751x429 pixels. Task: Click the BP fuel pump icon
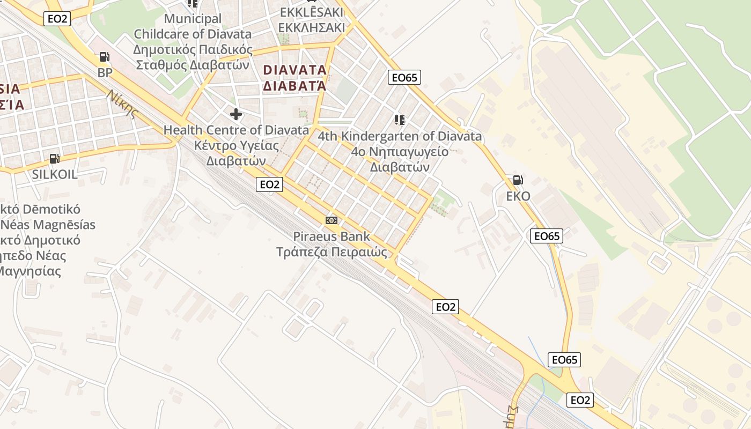(105, 56)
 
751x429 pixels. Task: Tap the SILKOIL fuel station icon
(54, 158)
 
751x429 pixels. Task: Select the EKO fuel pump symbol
(518, 180)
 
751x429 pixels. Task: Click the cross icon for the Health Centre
(235, 114)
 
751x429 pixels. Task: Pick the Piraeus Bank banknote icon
(332, 220)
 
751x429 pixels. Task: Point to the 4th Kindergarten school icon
(399, 120)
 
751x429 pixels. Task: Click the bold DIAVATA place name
(294, 70)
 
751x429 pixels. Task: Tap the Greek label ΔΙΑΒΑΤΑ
(294, 85)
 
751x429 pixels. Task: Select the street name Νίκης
(122, 103)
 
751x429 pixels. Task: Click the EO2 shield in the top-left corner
(58, 19)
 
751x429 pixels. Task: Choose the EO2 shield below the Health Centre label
(269, 184)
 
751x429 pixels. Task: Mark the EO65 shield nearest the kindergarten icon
(404, 78)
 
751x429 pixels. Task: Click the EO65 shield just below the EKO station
(547, 236)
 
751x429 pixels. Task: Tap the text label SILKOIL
(55, 174)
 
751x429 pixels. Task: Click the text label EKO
(518, 196)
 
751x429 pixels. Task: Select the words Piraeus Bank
(332, 236)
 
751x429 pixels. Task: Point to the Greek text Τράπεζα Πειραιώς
(332, 252)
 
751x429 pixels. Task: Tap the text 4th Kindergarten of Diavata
(400, 136)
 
